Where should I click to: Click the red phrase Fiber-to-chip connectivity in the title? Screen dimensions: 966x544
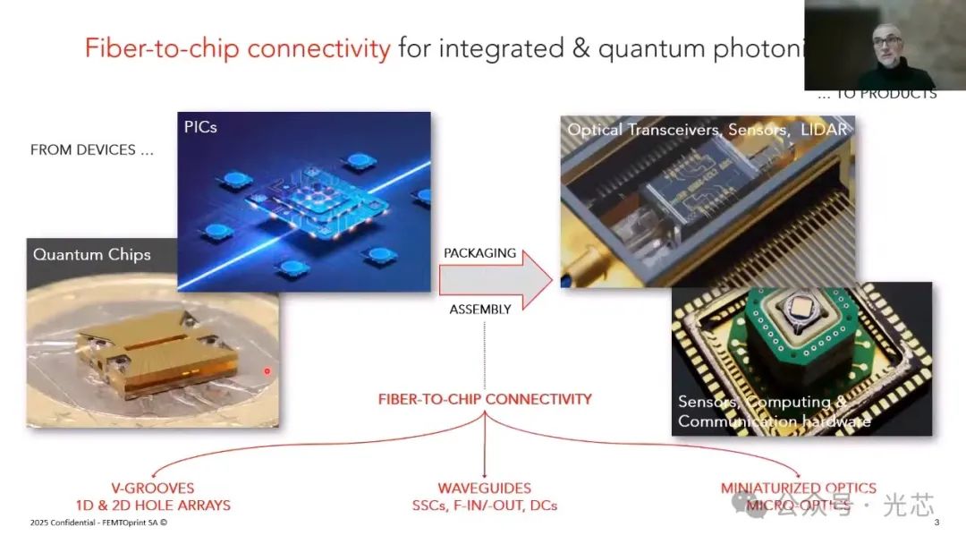pos(237,47)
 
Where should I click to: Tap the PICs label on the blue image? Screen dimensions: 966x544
pos(200,127)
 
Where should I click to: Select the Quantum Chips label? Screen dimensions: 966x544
pos(92,254)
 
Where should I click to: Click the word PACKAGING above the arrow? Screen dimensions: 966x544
pos(479,253)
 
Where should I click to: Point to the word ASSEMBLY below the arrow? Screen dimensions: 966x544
pos(479,310)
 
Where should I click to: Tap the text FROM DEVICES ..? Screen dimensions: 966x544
pos(92,149)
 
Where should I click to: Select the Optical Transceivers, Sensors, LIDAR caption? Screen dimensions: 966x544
pos(707,130)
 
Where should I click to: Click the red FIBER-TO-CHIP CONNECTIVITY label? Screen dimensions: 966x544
pos(485,398)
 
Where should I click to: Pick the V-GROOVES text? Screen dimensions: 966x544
pos(152,489)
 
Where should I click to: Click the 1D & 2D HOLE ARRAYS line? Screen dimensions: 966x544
pos(152,506)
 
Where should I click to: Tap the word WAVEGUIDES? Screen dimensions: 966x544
pos(484,489)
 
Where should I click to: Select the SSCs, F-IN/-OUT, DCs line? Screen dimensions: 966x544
pos(484,506)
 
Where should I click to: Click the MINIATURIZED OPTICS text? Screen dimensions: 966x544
pos(799,489)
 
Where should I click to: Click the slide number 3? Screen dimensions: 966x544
pos(936,523)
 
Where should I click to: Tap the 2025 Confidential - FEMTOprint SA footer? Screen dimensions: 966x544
pos(98,523)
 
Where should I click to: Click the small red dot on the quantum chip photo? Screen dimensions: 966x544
pos(267,370)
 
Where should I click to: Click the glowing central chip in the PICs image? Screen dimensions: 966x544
pos(304,206)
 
